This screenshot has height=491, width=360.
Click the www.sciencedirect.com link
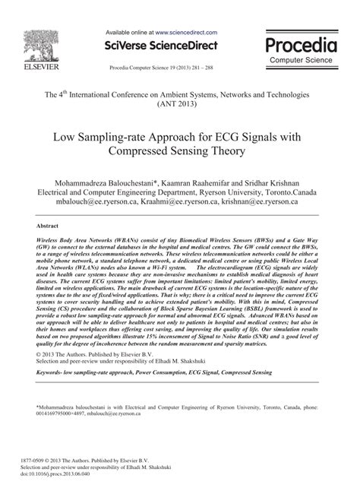pos(187,33)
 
